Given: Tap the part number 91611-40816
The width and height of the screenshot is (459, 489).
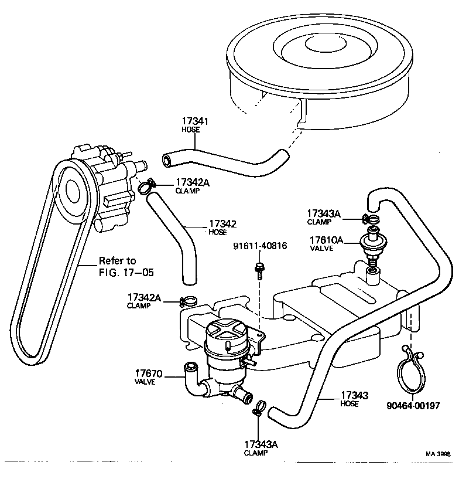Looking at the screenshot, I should [260, 246].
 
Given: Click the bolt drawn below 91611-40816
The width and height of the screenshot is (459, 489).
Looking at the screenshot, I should [258, 270].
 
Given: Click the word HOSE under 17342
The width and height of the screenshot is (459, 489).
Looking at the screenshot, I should [217, 232].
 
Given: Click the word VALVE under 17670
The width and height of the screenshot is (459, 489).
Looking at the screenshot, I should [145, 382].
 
